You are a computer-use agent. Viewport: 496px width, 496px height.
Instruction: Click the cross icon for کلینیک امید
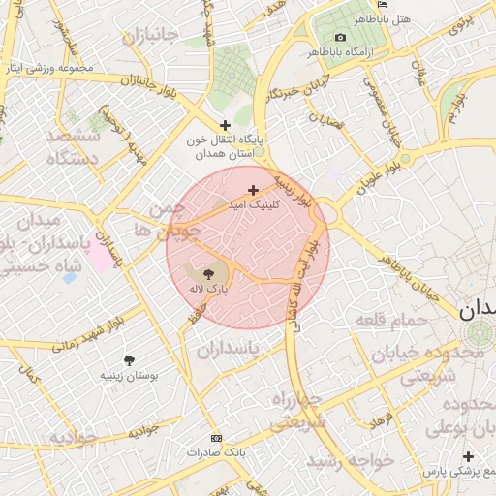click(x=254, y=190)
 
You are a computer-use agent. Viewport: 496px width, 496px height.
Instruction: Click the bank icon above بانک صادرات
click(x=215, y=439)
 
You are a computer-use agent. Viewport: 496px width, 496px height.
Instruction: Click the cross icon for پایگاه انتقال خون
click(x=226, y=125)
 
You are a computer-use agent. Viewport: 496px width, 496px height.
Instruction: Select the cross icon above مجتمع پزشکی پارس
click(x=469, y=456)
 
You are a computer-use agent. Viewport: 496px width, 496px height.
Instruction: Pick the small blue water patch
click(x=69, y=278)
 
